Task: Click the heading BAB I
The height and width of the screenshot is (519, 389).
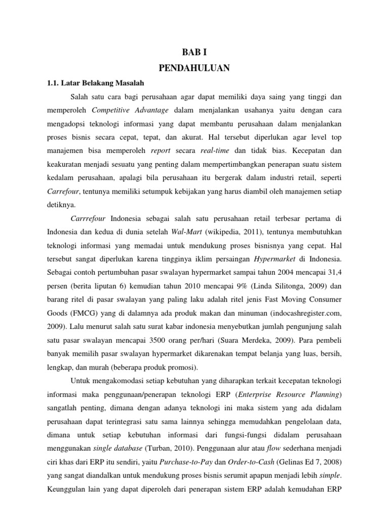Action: pyautogui.click(x=194, y=51)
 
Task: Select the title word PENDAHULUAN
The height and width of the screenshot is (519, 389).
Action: pyautogui.click(x=194, y=67)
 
